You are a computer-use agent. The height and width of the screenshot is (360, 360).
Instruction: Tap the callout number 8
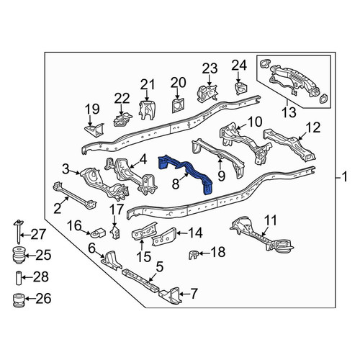click(x=176, y=184)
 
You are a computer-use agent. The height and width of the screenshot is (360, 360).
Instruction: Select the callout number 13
click(x=289, y=112)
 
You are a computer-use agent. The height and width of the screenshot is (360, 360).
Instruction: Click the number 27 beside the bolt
click(x=38, y=234)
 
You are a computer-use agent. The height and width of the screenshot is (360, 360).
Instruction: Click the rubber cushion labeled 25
click(x=19, y=256)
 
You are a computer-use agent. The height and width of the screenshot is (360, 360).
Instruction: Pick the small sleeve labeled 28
click(x=19, y=278)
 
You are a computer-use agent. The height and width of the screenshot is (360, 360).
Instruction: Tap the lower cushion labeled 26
click(x=19, y=300)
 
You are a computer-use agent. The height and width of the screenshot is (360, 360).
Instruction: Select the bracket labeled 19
click(x=94, y=130)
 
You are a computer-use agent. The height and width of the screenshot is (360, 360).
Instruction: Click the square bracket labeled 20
click(x=178, y=105)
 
